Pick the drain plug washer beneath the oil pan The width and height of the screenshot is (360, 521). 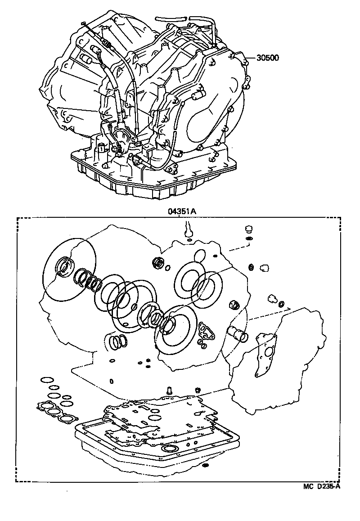(207, 464)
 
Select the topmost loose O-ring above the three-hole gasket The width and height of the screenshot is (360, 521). (45, 381)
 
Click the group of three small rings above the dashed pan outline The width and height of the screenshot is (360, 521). (118, 342)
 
